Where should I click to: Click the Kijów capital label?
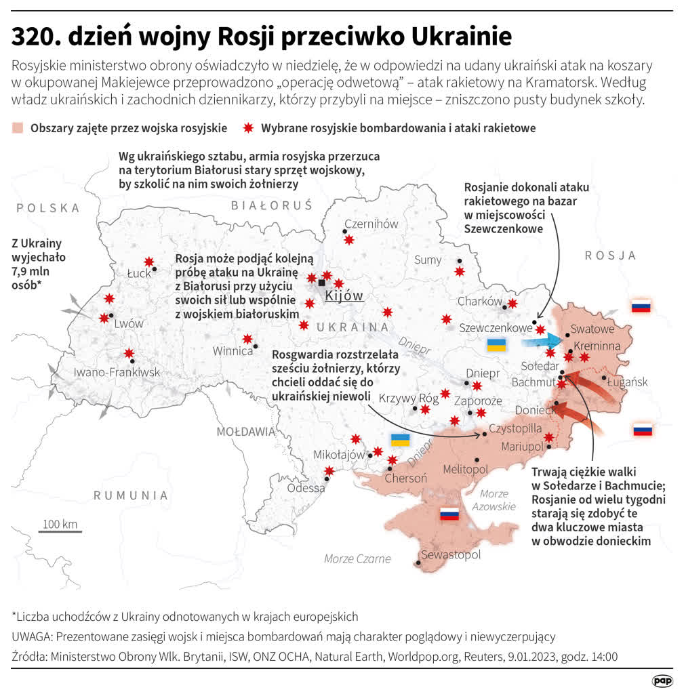pyautogui.click(x=344, y=295)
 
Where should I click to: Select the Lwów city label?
pyautogui.click(x=128, y=323)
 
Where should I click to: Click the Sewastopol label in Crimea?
pyautogui.click(x=451, y=555)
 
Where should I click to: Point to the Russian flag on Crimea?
pyautogui.click(x=449, y=514)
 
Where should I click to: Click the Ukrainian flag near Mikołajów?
pyautogui.click(x=400, y=439)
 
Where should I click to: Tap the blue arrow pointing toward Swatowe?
pyautogui.click(x=540, y=340)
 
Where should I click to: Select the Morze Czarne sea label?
pyautogui.click(x=357, y=558)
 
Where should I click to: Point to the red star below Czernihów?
pyautogui.click(x=348, y=240)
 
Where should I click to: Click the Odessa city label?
pyautogui.click(x=306, y=488)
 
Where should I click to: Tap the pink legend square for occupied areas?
pyautogui.click(x=18, y=128)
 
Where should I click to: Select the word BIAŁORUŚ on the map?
pyautogui.click(x=271, y=205)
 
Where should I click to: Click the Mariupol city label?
pyautogui.click(x=523, y=447)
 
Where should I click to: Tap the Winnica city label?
pyautogui.click(x=233, y=351)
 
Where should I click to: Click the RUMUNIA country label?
pyautogui.click(x=131, y=495)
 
